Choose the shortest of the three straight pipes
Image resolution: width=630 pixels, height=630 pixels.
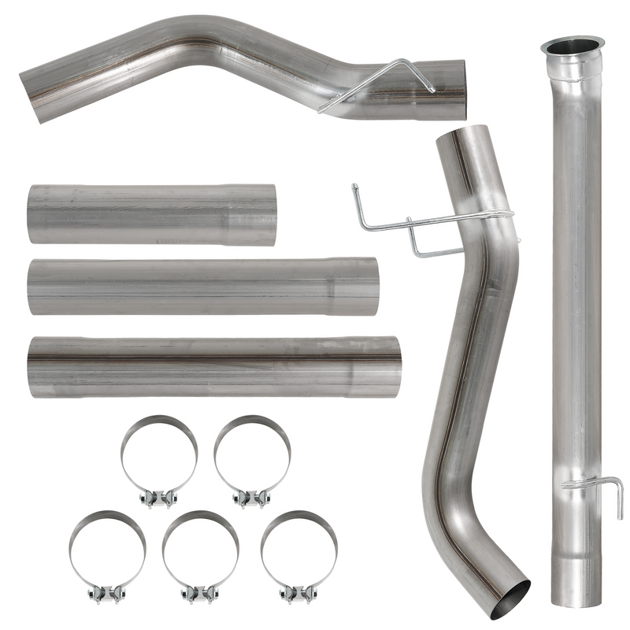pyautogui.click(x=151, y=215)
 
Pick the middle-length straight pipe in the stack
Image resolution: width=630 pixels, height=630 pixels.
pyautogui.click(x=203, y=286)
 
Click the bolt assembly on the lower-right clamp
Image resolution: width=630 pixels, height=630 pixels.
pyautogui.click(x=299, y=591)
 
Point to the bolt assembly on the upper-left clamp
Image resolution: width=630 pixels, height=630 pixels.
pyautogui.click(x=159, y=497)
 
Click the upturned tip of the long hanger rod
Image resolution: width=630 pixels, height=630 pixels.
pyautogui.click(x=355, y=189)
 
